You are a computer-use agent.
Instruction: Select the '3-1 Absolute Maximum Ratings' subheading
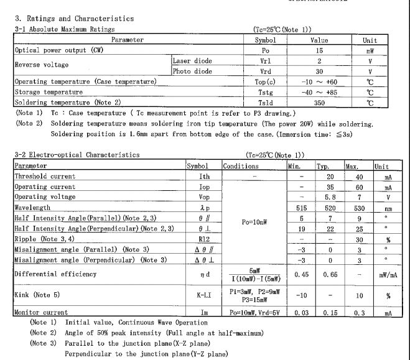64,29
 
